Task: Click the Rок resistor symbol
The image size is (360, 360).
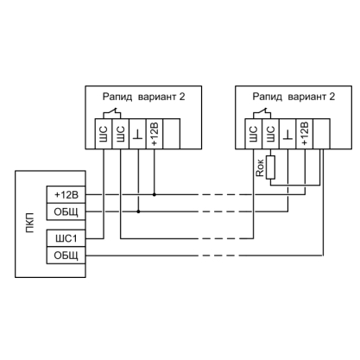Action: [x=270, y=167]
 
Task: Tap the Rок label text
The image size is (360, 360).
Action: [x=260, y=167]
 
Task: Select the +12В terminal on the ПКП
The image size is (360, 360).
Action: [x=66, y=195]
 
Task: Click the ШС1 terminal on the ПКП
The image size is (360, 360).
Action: [x=66, y=238]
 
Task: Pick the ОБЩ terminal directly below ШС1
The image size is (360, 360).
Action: [x=66, y=255]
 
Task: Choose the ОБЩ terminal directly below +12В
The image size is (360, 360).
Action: [x=66, y=212]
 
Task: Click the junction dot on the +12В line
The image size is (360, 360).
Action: [x=155, y=195]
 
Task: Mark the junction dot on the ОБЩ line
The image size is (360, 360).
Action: [x=138, y=212]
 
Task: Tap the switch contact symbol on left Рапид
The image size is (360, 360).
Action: [x=112, y=113]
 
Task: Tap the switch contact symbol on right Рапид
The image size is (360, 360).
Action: [x=262, y=113]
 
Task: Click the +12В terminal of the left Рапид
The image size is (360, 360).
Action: [x=155, y=134]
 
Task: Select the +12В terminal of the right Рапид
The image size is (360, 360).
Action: [x=305, y=134]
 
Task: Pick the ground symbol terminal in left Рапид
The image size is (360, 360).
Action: [x=138, y=134]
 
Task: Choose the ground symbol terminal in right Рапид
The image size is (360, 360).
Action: [x=287, y=134]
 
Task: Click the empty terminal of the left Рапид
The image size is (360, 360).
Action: [x=172, y=134]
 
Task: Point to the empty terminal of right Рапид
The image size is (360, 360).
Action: [x=321, y=134]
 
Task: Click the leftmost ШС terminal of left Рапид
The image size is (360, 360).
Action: [x=104, y=134]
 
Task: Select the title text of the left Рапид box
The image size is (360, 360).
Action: [x=143, y=97]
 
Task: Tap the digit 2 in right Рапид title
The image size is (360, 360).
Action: [x=332, y=97]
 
